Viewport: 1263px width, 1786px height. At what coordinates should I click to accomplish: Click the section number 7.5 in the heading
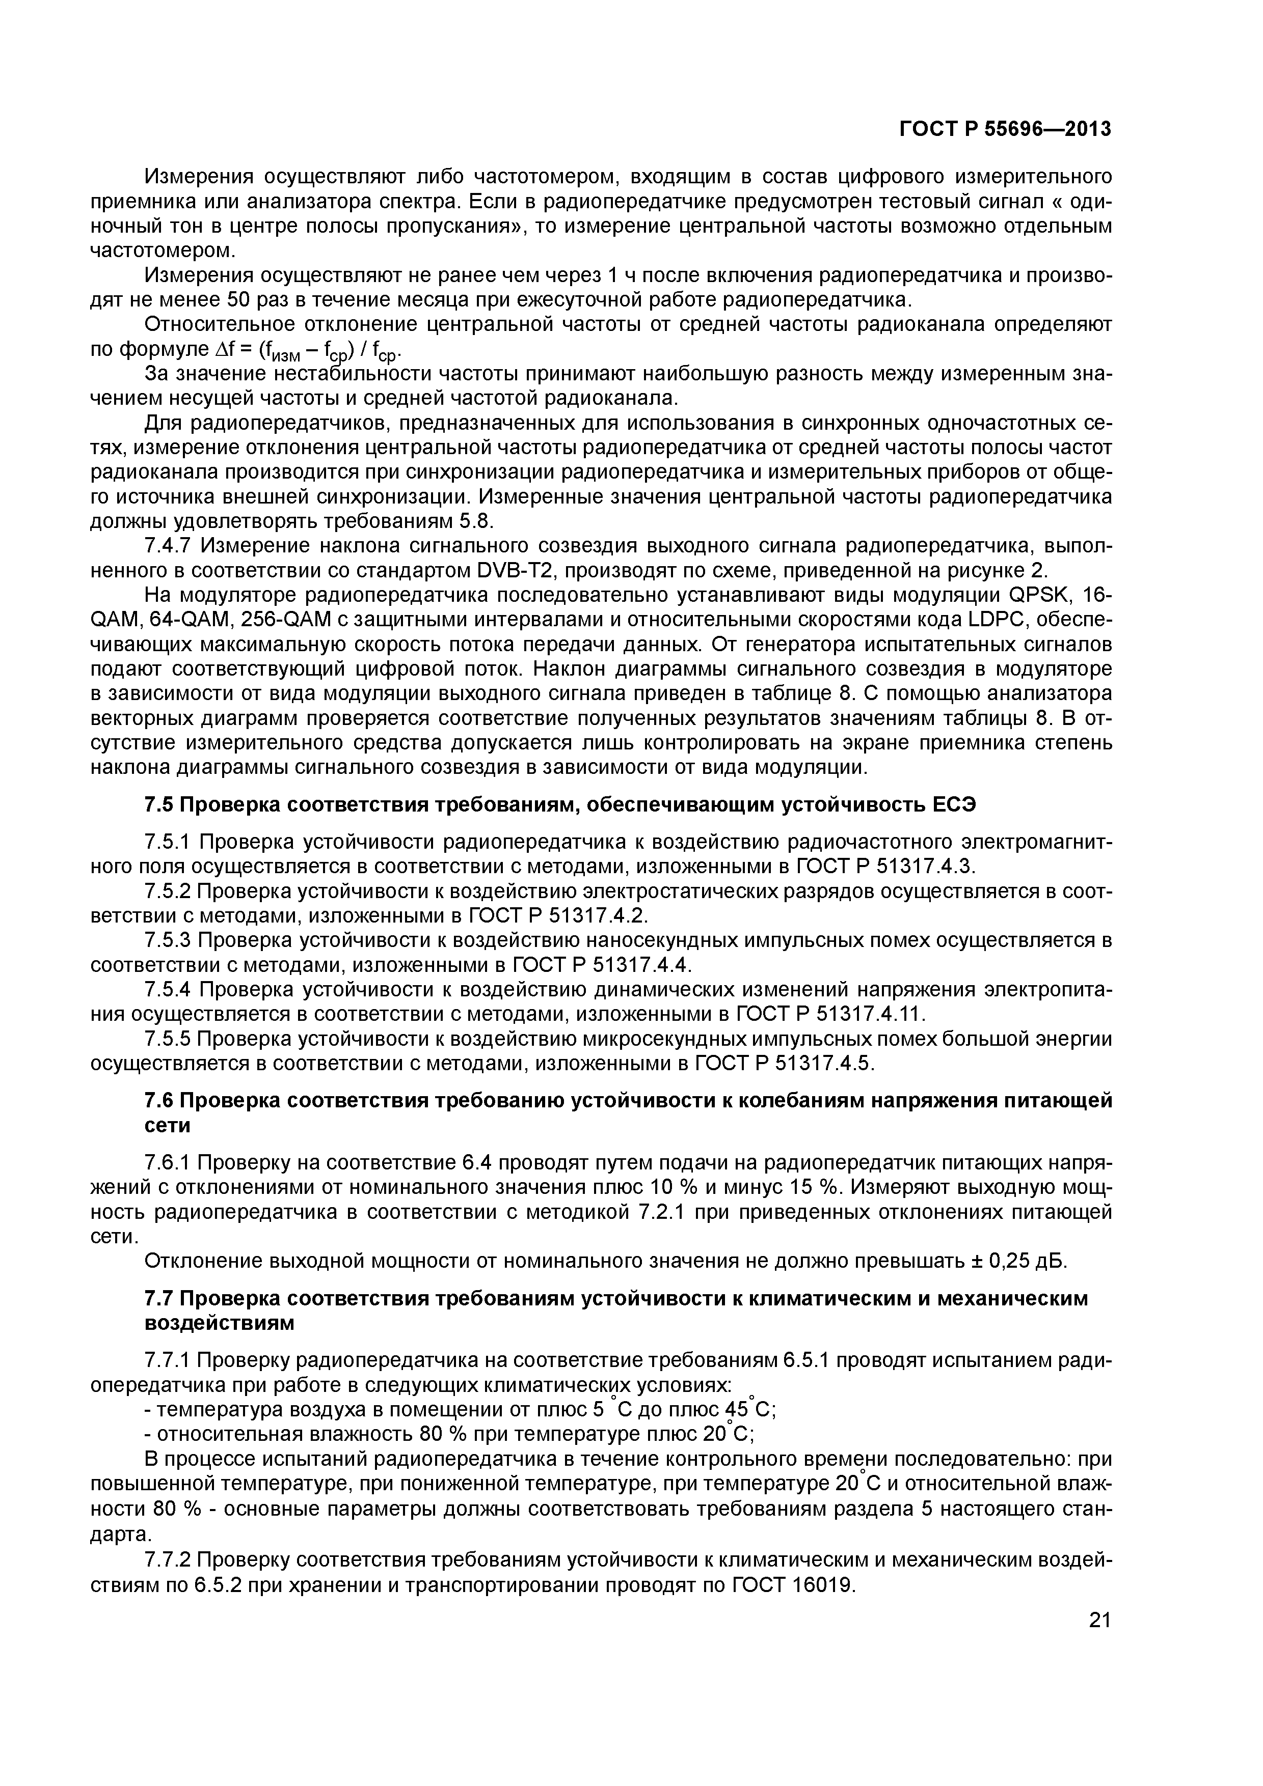[159, 805]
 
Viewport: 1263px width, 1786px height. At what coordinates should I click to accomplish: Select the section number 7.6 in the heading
[159, 1101]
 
